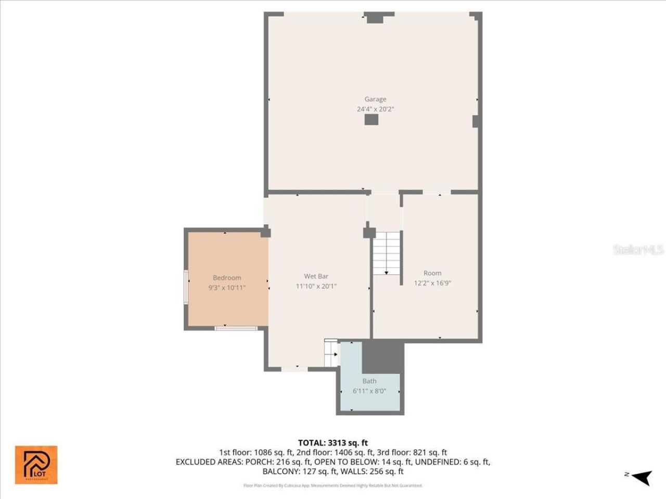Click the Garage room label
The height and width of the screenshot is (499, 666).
(x=375, y=99)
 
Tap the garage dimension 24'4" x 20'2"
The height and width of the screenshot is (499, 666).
(x=375, y=109)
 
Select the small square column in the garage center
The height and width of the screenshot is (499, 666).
(x=371, y=120)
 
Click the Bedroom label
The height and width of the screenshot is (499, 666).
(x=227, y=278)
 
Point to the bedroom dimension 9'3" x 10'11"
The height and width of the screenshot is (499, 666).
(x=227, y=287)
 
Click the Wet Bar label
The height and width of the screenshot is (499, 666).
(x=316, y=277)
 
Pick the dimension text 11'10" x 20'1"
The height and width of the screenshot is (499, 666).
(x=316, y=286)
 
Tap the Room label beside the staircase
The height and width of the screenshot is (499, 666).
(x=432, y=273)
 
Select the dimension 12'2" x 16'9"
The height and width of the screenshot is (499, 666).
(x=432, y=283)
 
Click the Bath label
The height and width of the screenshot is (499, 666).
(x=369, y=381)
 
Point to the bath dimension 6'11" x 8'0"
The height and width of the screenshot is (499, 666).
(x=369, y=391)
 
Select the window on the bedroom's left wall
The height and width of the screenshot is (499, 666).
(x=186, y=287)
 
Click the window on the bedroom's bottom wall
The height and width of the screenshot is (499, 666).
(x=236, y=328)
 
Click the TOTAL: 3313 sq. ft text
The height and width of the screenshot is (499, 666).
(x=333, y=443)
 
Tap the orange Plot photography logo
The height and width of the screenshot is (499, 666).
(x=36, y=465)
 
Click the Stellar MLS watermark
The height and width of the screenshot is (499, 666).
(x=638, y=249)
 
